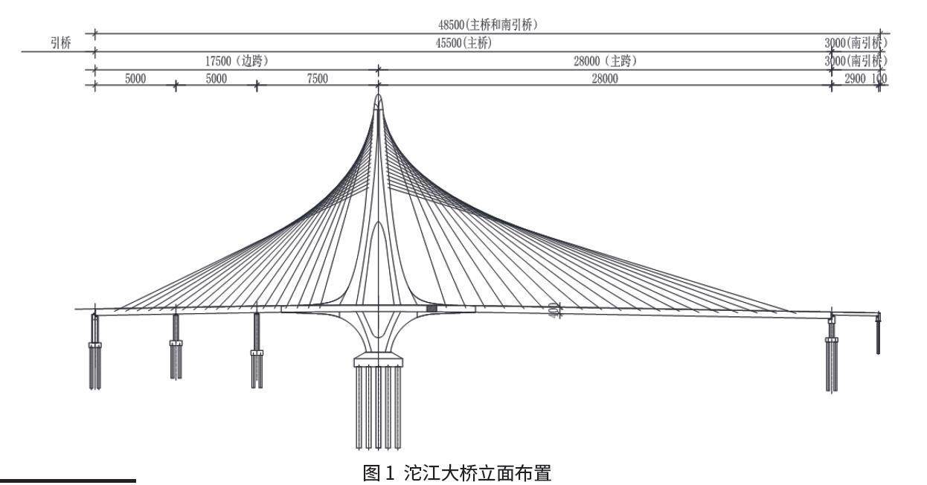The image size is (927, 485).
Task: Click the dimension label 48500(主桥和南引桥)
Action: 488,25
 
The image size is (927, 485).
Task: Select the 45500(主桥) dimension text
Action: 463,43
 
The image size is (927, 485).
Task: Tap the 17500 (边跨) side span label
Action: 237,62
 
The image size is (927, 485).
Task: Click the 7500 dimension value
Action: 318,80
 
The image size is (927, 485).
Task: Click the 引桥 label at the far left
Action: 60,43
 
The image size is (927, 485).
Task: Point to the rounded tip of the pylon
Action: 378,100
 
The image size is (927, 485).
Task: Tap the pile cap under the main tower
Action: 378,362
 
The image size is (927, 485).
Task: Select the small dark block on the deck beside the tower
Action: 432,308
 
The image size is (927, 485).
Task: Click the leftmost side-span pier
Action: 95,350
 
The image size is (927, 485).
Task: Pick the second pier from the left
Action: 176,346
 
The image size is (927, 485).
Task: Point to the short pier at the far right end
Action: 879,335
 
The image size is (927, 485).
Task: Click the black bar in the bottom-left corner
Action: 68,481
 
